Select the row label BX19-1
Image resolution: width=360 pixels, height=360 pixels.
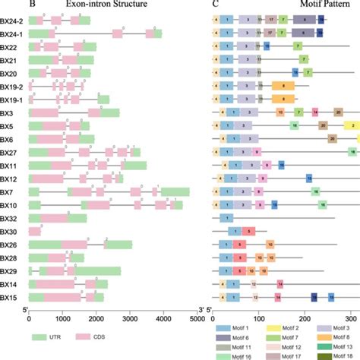(11, 99)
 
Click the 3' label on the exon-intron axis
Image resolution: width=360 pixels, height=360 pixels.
(201, 310)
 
